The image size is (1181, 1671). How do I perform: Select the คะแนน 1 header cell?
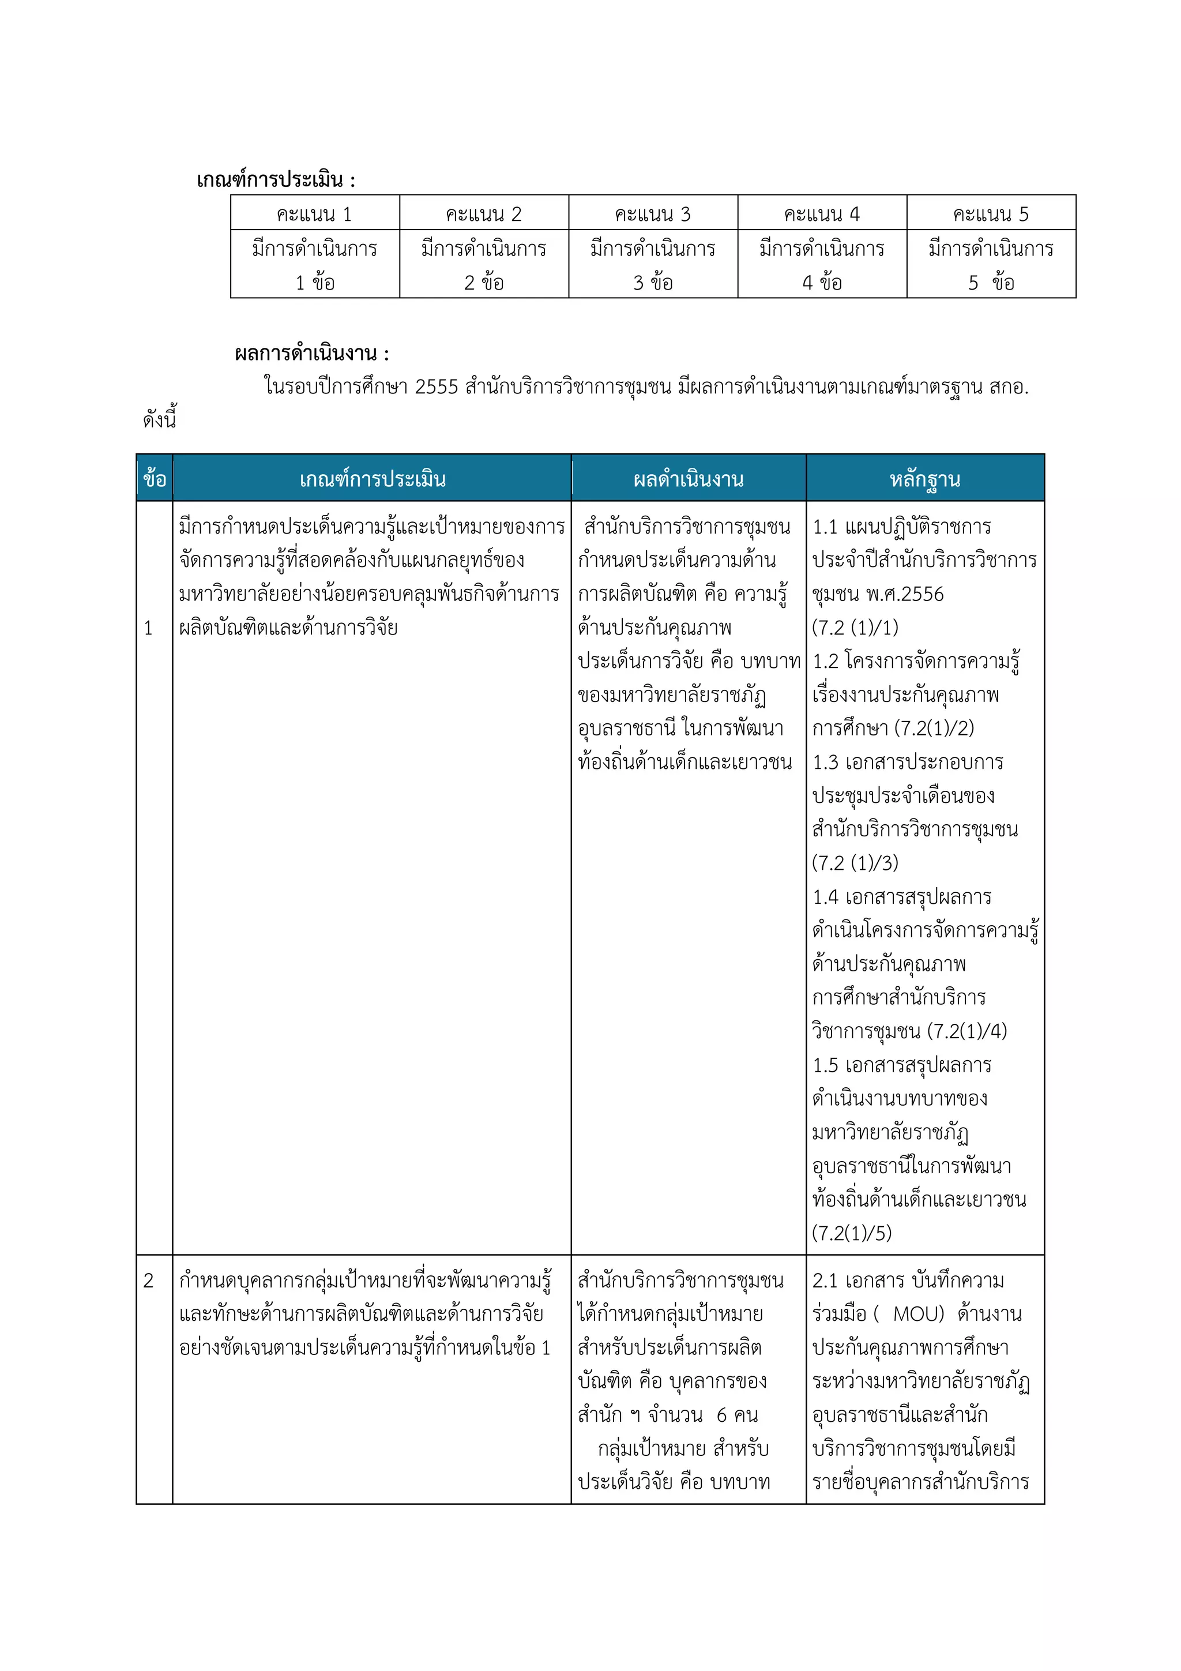click(x=314, y=214)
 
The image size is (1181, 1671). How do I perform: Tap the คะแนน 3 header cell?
click(x=653, y=214)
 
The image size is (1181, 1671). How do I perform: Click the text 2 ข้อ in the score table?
click(x=484, y=283)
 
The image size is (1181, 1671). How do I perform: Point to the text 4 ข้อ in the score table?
click(x=822, y=283)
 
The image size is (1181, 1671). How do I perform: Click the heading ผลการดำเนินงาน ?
click(x=312, y=354)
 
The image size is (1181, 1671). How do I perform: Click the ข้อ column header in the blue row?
click(x=155, y=479)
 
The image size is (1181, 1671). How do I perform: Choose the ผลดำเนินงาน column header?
click(x=689, y=479)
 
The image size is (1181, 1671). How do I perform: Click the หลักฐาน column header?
click(x=925, y=479)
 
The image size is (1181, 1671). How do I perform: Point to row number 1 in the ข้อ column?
click(x=148, y=628)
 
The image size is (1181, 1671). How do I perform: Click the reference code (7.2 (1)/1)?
click(x=855, y=628)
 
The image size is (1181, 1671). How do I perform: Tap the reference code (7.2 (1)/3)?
click(x=855, y=863)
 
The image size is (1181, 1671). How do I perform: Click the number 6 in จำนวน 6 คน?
click(x=721, y=1415)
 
